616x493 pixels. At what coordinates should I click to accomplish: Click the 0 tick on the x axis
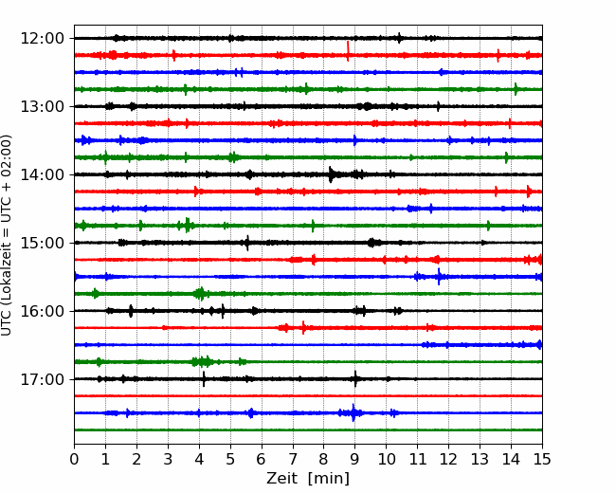(75, 459)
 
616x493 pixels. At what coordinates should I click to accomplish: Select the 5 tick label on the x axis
(230, 459)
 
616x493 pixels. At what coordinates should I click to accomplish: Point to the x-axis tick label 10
(386, 459)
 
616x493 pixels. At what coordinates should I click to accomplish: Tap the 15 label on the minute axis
(541, 459)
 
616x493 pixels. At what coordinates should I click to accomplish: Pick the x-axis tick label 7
(293, 459)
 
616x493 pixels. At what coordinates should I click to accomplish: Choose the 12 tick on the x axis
(448, 459)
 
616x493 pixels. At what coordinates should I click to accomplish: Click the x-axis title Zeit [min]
(308, 479)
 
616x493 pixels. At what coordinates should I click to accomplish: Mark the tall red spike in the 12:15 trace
(348, 50)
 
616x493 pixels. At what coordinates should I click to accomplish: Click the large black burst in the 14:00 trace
(332, 174)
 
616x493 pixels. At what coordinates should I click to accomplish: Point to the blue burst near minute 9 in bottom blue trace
(353, 412)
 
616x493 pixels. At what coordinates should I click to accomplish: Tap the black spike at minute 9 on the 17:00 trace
(355, 379)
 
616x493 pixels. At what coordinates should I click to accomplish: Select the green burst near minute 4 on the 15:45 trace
(199, 294)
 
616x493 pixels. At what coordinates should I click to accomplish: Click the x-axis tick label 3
(168, 459)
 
